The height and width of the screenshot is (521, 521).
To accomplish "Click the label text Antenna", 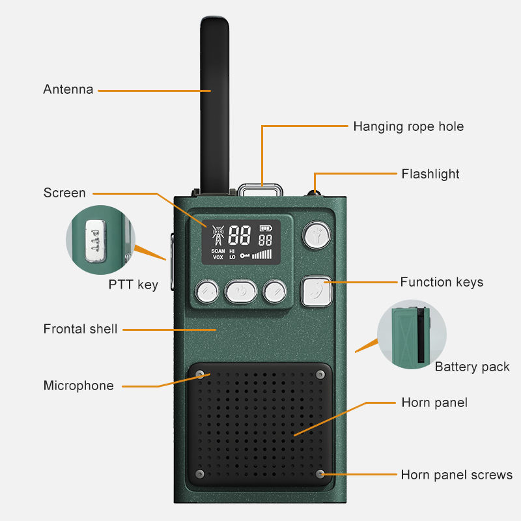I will (68, 90).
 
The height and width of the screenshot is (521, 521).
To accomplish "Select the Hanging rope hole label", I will (408, 126).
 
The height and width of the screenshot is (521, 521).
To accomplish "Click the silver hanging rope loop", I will (261, 190).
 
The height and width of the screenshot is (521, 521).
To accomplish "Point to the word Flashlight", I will (430, 174).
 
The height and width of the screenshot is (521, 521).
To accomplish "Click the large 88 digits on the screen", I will (240, 236).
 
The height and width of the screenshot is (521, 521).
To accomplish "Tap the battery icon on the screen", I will (265, 229).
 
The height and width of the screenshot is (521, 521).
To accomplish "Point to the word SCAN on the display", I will (218, 251).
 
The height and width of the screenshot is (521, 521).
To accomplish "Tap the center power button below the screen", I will (240, 291).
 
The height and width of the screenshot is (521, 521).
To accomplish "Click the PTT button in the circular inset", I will (96, 240).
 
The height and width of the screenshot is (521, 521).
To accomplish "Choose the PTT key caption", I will (133, 285).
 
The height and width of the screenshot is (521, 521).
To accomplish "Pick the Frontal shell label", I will (80, 329).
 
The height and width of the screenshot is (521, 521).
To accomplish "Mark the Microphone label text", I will (78, 386).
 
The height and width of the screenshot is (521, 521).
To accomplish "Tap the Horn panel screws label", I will (457, 475).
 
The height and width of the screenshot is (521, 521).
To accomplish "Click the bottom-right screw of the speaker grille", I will (320, 473).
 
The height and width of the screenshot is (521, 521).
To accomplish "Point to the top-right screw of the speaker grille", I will (320, 374).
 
